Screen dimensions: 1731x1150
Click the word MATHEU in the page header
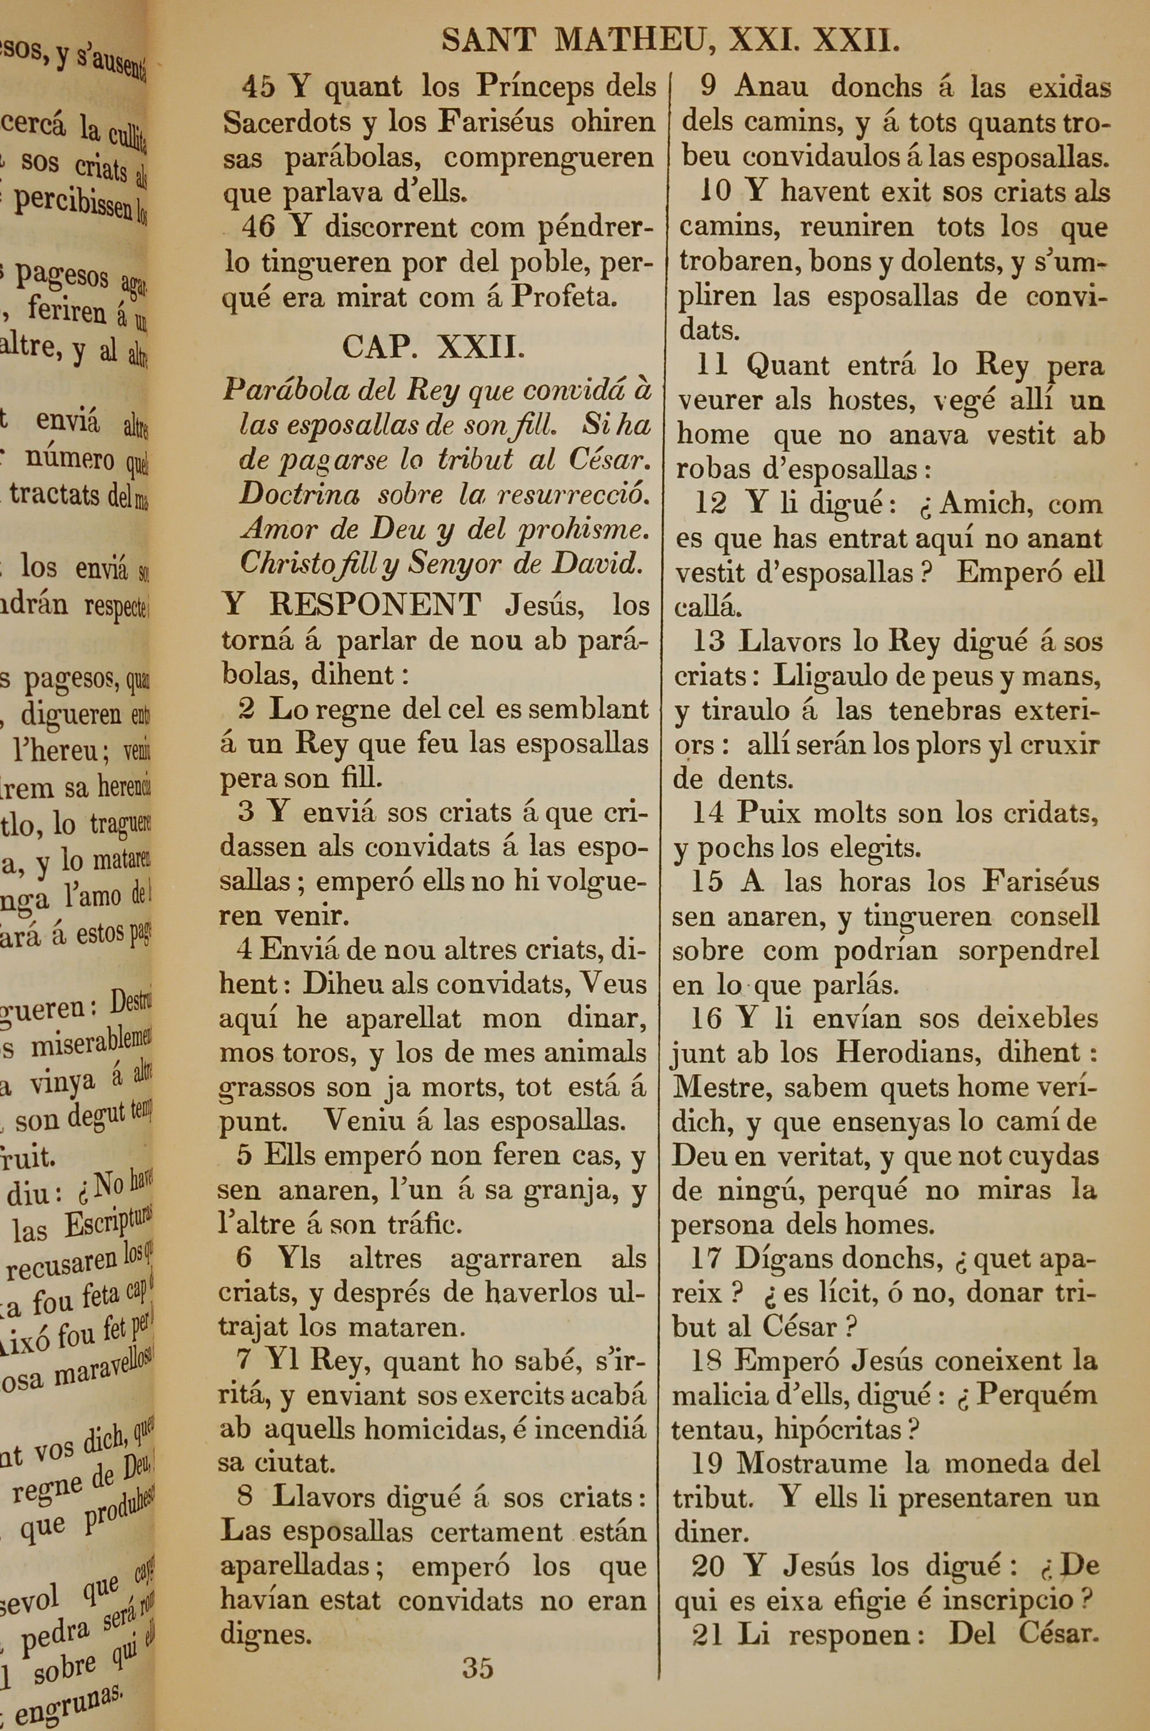pyautogui.click(x=635, y=41)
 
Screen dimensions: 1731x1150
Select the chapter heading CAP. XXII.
pyautogui.click(x=434, y=346)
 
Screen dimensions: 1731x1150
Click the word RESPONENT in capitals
pyautogui.click(x=375, y=605)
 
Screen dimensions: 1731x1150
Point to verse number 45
pyautogui.click(x=259, y=87)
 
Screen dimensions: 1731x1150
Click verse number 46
pyautogui.click(x=259, y=227)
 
